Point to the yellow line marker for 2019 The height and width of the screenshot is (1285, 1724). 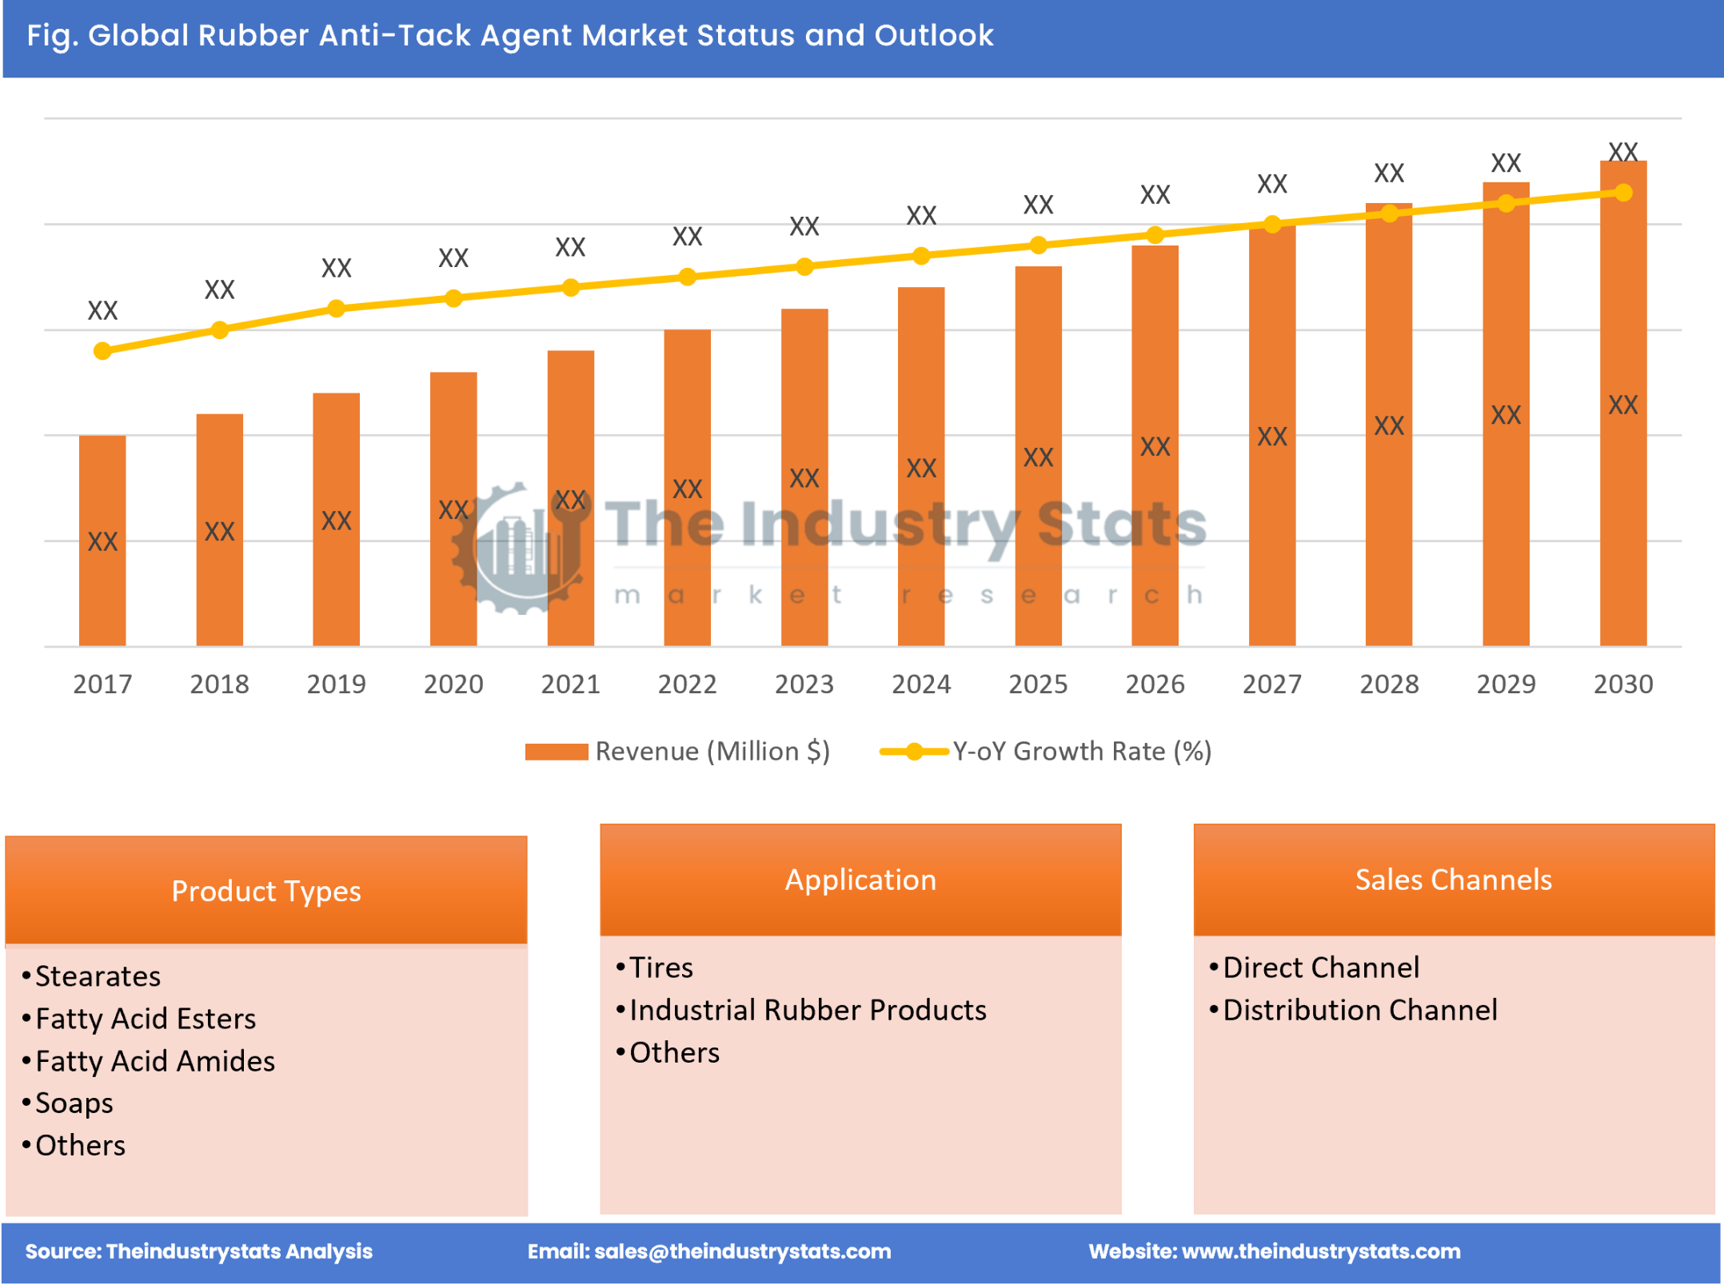pyautogui.click(x=337, y=309)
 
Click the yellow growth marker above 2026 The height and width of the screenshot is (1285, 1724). pyautogui.click(x=1155, y=235)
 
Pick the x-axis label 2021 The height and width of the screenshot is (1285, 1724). pyautogui.click(x=570, y=684)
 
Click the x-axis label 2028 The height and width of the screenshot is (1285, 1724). pyautogui.click(x=1389, y=684)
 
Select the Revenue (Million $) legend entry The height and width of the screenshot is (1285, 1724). pyautogui.click(x=678, y=752)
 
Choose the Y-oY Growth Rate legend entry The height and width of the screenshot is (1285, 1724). pyautogui.click(x=1046, y=752)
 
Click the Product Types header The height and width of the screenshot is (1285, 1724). pyautogui.click(x=266, y=891)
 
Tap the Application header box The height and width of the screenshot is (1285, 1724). pyautogui.click(x=860, y=880)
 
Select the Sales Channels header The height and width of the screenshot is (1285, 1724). pyautogui.click(x=1453, y=880)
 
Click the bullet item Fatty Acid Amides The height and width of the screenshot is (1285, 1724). pyautogui.click(x=155, y=1061)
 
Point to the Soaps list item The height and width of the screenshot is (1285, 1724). pyautogui.click(x=74, y=1103)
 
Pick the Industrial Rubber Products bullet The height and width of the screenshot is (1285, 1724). pyautogui.click(x=808, y=1010)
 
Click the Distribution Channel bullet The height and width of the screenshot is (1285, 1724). pyautogui.click(x=1359, y=1010)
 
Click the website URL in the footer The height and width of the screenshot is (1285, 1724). pyautogui.click(x=1320, y=1251)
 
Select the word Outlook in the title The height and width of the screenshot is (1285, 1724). pyautogui.click(x=933, y=36)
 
